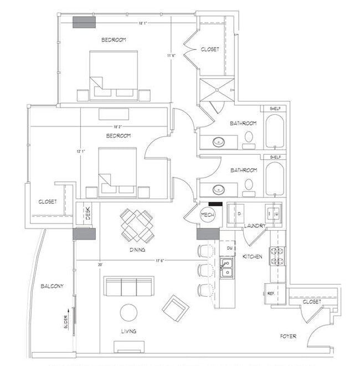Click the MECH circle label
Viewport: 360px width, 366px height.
(208, 215)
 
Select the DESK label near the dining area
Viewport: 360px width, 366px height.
(87, 213)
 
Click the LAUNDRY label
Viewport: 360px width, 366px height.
(255, 226)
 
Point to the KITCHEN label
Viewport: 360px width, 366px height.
(253, 257)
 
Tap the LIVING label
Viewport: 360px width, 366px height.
(129, 331)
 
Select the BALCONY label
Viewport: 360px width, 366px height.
(52, 286)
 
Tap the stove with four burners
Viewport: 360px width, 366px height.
(276, 255)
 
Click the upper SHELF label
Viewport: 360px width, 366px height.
(275, 109)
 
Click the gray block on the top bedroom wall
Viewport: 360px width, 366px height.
(85, 22)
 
